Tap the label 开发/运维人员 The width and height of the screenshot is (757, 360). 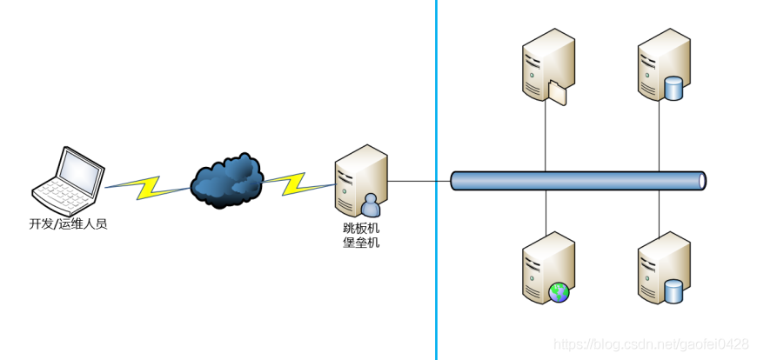68,224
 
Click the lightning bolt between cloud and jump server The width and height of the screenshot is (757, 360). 298,183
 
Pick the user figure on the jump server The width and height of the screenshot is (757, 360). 372,205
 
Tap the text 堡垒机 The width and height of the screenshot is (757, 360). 361,243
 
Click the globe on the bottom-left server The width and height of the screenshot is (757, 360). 559,292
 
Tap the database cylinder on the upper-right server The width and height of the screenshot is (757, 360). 673,89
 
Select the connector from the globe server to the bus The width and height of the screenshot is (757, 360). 546,211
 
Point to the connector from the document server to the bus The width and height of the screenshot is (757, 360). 546,139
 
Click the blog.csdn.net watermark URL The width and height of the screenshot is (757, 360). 651,344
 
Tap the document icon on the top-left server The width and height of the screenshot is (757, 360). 558,91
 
